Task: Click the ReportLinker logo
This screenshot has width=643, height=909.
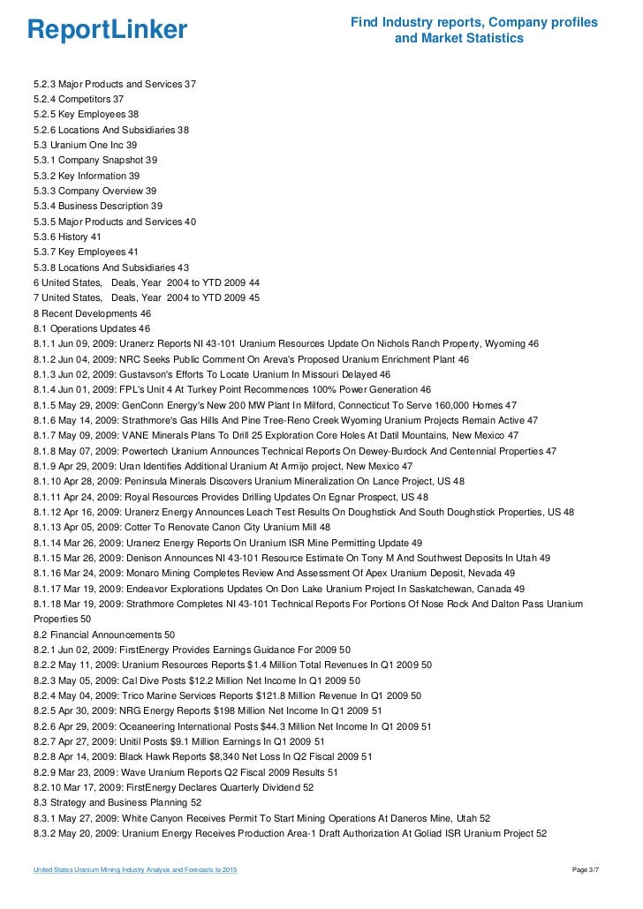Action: [108, 31]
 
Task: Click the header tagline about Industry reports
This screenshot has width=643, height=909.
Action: [474, 31]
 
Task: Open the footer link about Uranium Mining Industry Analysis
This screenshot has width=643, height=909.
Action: [135, 872]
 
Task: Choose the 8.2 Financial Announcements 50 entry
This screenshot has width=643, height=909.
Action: [104, 635]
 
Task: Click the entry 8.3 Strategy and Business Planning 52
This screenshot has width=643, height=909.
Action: [117, 802]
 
